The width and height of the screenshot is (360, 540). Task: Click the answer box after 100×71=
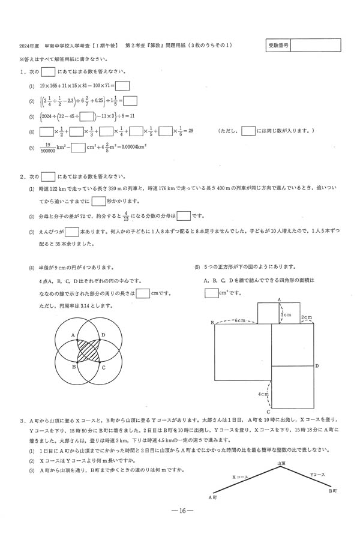(122, 85)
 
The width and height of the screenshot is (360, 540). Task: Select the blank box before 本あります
(71, 232)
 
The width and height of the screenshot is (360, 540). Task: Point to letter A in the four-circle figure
(73, 335)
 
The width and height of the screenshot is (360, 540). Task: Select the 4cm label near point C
(262, 394)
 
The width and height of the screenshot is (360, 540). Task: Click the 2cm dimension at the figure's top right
(305, 317)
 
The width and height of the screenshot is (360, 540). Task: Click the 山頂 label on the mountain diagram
(281, 446)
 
